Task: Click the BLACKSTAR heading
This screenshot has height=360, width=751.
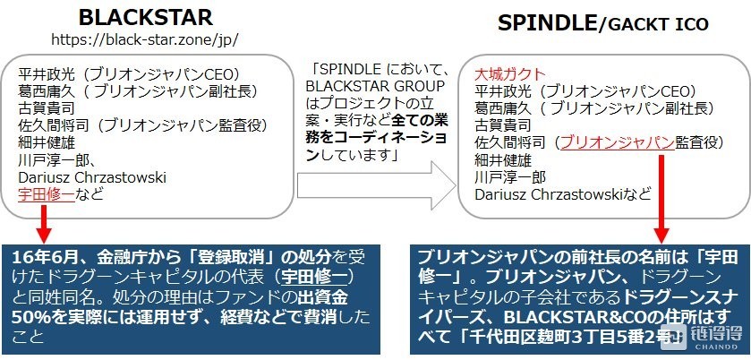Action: (x=146, y=18)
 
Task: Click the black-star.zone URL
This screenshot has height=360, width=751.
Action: (x=145, y=39)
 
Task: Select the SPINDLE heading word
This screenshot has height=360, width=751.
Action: (x=548, y=23)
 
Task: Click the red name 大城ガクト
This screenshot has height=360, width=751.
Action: (x=510, y=74)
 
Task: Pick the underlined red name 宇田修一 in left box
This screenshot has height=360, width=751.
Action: (x=47, y=194)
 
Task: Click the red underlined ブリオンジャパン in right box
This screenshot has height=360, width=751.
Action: (x=618, y=142)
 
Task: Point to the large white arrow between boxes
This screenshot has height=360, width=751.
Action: (x=377, y=185)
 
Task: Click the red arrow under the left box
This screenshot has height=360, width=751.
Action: (x=44, y=224)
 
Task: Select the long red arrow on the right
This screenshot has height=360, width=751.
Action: (x=662, y=199)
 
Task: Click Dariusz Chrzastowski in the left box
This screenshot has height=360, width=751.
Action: (x=92, y=177)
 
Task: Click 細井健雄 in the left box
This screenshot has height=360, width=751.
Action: (x=47, y=142)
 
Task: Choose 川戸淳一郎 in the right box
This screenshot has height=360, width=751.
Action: (x=510, y=177)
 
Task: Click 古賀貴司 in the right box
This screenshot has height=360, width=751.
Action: (x=503, y=125)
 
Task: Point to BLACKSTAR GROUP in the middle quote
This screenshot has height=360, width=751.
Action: (x=376, y=86)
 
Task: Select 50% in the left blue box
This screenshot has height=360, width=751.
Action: (x=27, y=317)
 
